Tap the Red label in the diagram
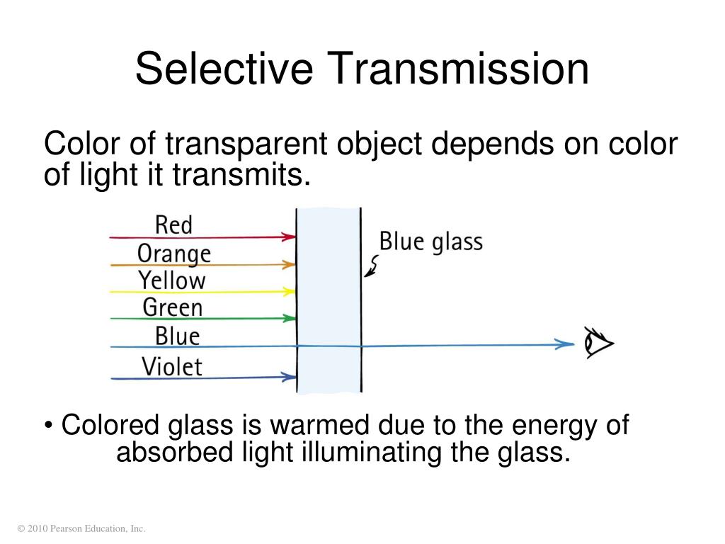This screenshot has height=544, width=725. point(173,225)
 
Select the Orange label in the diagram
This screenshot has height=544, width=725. point(174,253)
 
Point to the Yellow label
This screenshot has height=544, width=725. point(172,280)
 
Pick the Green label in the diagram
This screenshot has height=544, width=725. point(173,307)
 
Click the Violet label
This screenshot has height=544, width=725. point(172,366)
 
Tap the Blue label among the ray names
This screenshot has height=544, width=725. point(177,336)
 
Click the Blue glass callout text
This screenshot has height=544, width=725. point(430,242)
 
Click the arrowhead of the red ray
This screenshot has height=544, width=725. point(289,237)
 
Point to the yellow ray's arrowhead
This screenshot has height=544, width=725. point(289,291)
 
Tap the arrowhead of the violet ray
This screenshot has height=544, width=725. point(289,376)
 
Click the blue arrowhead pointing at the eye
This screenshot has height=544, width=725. point(565,344)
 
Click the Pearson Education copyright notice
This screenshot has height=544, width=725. point(81,528)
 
